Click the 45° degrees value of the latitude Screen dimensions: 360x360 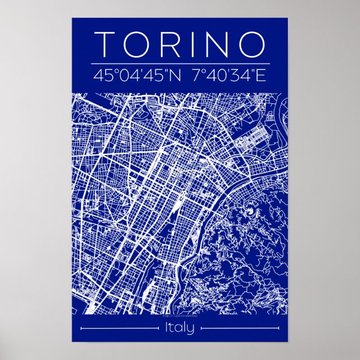click(107, 75)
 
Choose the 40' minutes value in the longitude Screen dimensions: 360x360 click(213, 75)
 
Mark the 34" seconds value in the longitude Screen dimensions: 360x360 click(235, 75)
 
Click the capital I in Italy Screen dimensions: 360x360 click(167, 328)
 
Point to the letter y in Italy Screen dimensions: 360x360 click(191, 330)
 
